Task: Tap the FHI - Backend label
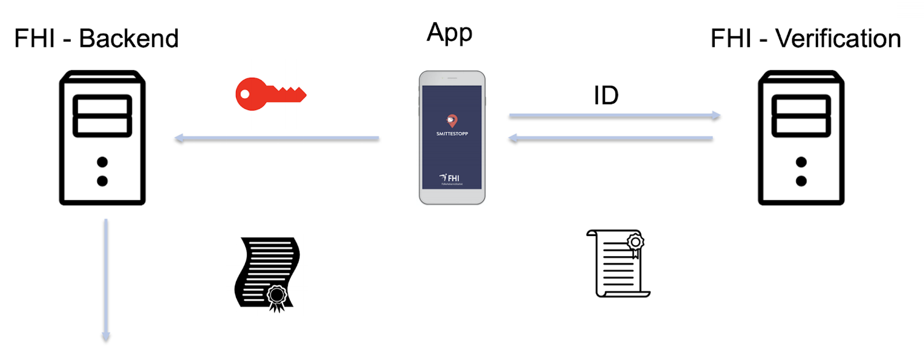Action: tap(96, 39)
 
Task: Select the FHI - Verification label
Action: tap(805, 39)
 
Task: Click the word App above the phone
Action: tap(449, 33)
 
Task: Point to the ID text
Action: tap(605, 96)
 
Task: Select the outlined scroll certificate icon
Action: tap(619, 264)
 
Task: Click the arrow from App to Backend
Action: tap(277, 139)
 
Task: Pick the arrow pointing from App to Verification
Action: tap(614, 115)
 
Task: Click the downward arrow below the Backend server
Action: tap(106, 280)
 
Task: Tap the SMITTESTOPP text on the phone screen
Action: tap(452, 134)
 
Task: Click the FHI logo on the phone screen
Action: tap(449, 178)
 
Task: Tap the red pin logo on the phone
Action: tap(452, 120)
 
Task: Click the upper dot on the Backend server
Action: tap(102, 162)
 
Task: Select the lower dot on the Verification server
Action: tap(801, 181)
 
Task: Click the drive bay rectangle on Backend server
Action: tap(102, 116)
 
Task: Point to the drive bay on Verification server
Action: tap(801, 116)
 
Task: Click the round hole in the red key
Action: tap(245, 95)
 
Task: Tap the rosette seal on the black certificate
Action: tap(277, 296)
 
